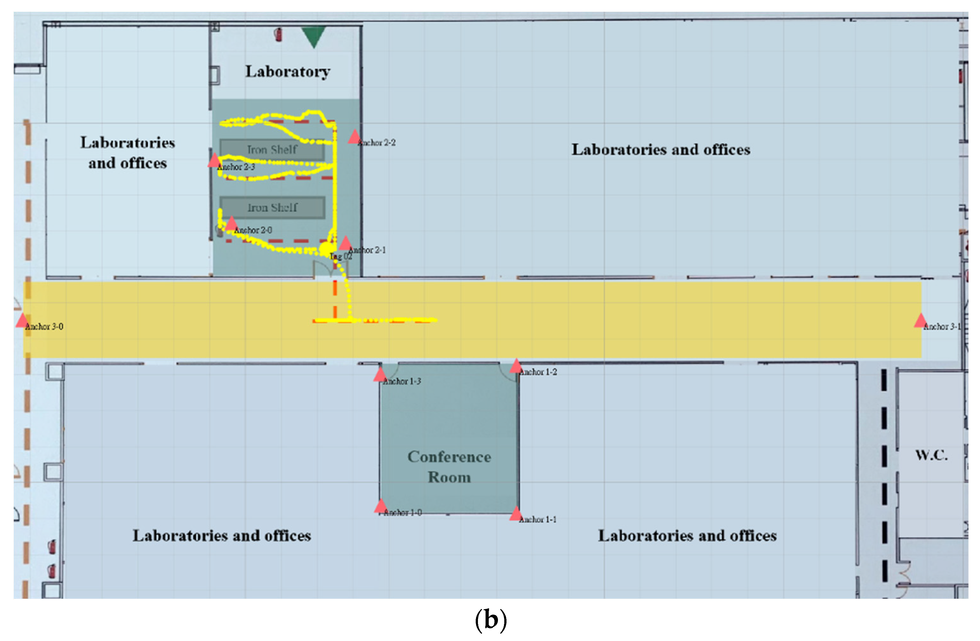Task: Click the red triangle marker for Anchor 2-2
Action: [x=354, y=137]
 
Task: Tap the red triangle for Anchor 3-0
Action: [x=22, y=321]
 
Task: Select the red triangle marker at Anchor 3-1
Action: [x=920, y=321]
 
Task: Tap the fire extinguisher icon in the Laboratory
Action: [x=279, y=35]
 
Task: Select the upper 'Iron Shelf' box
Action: [x=272, y=150]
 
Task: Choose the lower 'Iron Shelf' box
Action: [x=272, y=207]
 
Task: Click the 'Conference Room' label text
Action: [x=449, y=467]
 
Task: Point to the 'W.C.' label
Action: [x=931, y=455]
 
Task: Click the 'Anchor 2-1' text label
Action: [x=367, y=250]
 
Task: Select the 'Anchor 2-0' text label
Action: [x=253, y=230]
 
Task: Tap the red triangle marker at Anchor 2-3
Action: [x=214, y=161]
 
